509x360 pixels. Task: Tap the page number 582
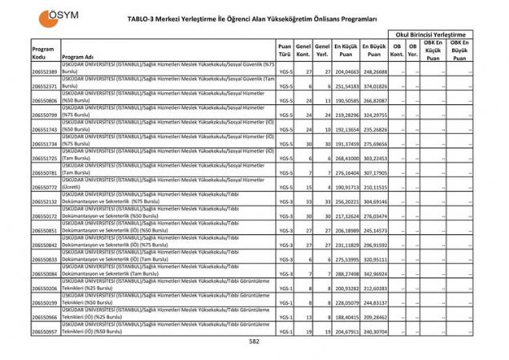[254, 341]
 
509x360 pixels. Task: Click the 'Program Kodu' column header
[42, 53]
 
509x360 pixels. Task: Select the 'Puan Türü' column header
[285, 53]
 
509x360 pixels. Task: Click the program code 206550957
[45, 330]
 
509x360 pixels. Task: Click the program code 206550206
[45, 287]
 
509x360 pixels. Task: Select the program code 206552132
[45, 201]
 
